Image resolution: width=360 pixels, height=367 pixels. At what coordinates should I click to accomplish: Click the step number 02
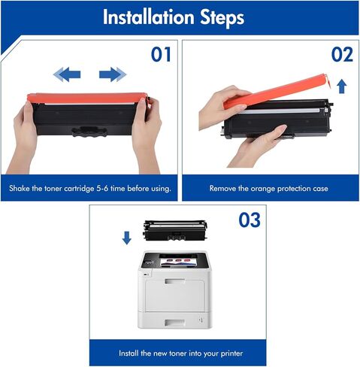pyautogui.click(x=342, y=55)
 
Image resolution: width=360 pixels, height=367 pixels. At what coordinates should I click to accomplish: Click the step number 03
pyautogui.click(x=249, y=220)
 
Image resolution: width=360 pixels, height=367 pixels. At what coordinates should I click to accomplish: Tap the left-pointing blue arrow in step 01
pyautogui.click(x=67, y=74)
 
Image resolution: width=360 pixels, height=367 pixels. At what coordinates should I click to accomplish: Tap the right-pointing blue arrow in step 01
pyautogui.click(x=113, y=74)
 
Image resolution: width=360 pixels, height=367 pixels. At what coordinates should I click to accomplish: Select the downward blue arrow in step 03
pyautogui.click(x=127, y=238)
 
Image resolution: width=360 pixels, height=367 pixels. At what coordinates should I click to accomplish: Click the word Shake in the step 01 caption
pyautogui.click(x=20, y=188)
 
